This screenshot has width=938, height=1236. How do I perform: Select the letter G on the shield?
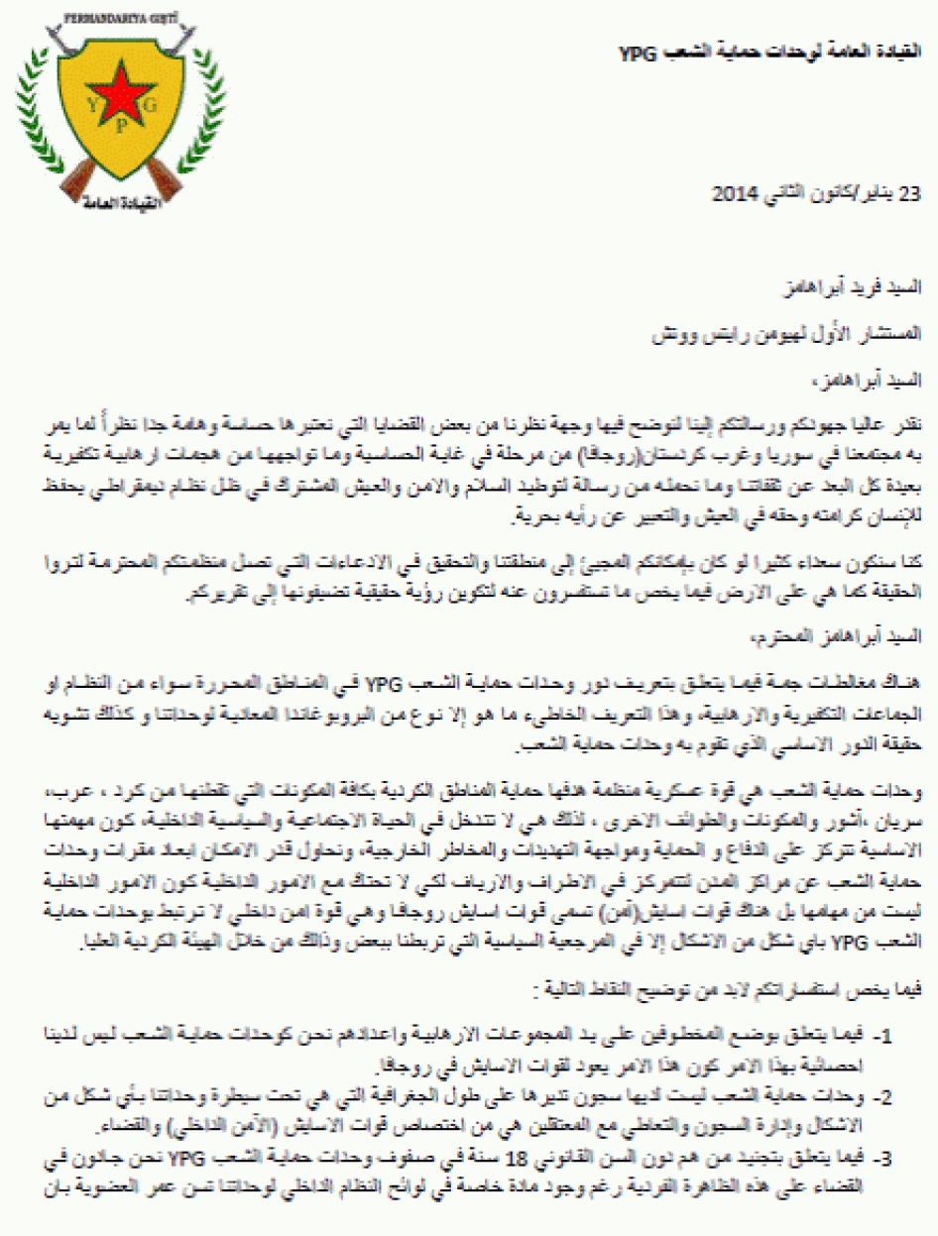click(x=151, y=103)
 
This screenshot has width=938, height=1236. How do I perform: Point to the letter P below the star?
click(x=121, y=126)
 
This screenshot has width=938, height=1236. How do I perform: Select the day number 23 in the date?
click(x=910, y=193)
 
